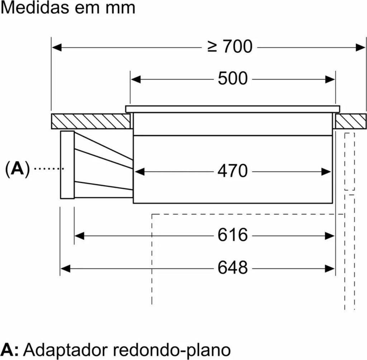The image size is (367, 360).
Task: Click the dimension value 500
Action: click(233, 79)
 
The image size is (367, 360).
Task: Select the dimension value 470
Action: click(233, 171)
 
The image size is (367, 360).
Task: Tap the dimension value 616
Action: click(233, 235)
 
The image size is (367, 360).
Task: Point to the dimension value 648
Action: click(233, 267)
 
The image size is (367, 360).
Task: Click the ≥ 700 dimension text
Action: click(230, 47)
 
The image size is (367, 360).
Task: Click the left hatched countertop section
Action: click(90, 121)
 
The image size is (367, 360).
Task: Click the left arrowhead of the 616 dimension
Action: click(79, 236)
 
